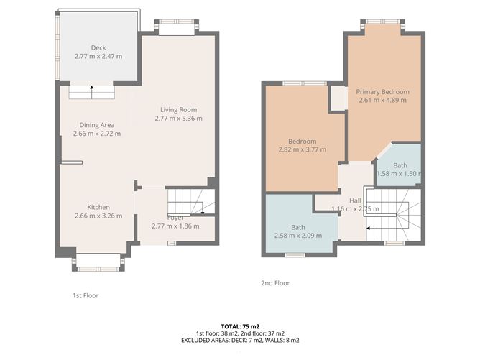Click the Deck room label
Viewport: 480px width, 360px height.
98,48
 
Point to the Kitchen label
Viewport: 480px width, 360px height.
98,206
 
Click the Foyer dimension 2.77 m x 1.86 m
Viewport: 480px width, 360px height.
175,226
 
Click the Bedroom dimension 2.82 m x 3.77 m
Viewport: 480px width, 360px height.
302,149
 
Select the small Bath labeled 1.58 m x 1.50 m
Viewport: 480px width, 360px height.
399,174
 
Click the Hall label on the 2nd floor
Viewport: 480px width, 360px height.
355,200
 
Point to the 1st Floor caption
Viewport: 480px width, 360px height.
86,295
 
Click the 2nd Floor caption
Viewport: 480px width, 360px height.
275,283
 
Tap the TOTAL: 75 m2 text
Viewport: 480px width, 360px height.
239,326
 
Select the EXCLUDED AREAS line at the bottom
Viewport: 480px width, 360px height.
239,341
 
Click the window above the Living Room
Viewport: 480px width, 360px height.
176,27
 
